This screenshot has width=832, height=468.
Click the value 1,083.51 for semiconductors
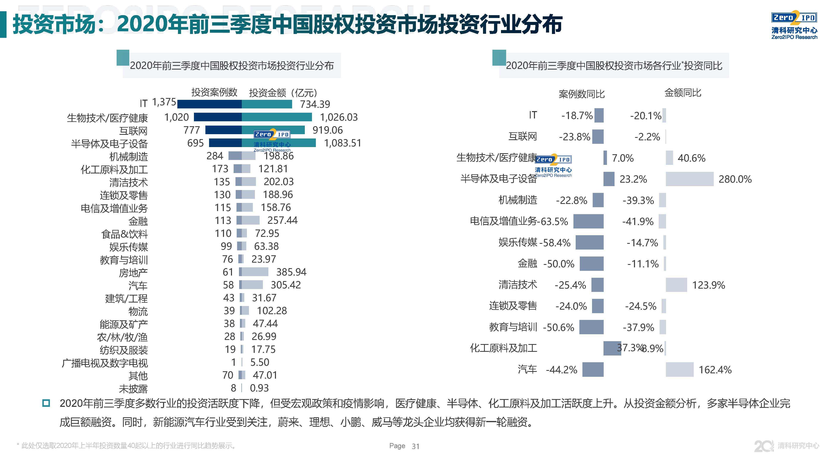point(342,143)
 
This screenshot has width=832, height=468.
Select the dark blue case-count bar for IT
point(209,104)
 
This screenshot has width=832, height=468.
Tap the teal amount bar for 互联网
point(273,130)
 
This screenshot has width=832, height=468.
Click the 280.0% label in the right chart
point(735,179)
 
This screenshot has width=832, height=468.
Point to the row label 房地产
point(133,273)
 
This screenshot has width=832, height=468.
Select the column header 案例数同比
point(581,94)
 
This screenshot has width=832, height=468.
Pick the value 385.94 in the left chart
point(291,272)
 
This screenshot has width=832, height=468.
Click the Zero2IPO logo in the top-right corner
point(794,26)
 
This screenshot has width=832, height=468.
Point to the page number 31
point(415,446)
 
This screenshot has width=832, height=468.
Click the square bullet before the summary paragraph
point(46,403)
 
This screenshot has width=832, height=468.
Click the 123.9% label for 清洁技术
point(708,285)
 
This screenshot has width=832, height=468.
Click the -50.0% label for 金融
point(559,264)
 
